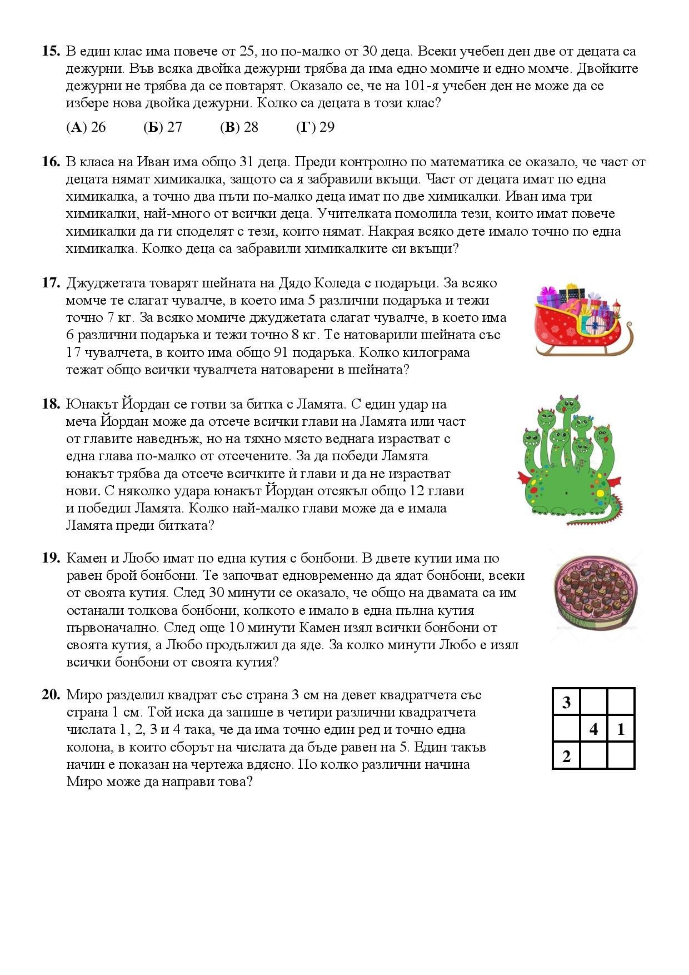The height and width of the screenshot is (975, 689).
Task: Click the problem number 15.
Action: point(51,51)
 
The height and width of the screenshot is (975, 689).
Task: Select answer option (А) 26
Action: point(86,127)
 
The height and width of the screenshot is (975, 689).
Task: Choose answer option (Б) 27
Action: point(163,127)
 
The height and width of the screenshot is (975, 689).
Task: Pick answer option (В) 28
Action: point(239,127)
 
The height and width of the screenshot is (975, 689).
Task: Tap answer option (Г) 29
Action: point(316,127)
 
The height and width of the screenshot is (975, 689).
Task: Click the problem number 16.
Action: point(51,162)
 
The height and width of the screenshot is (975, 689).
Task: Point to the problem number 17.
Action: point(51,283)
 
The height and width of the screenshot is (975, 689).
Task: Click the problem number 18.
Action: point(51,404)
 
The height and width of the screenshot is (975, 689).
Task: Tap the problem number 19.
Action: point(51,558)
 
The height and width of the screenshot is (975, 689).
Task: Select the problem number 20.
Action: point(51,695)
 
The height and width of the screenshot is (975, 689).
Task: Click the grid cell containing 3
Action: point(567,702)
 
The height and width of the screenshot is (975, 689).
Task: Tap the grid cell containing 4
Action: point(593,729)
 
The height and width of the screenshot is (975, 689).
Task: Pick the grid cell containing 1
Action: point(621,729)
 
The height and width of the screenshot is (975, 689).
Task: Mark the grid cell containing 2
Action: point(567,756)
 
